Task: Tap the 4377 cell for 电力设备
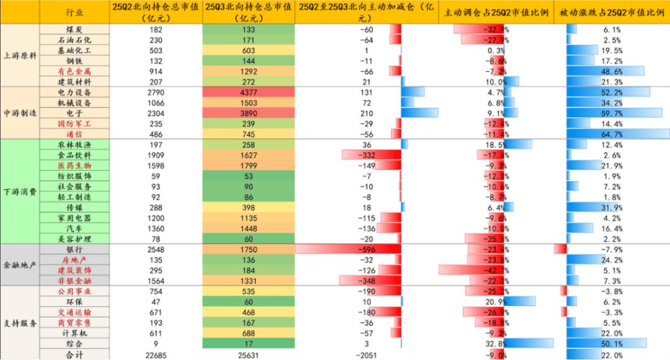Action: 248,92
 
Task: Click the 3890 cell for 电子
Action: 248,113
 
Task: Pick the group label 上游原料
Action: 20,55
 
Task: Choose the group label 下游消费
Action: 20,191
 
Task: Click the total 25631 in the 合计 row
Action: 248,354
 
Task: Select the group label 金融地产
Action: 20,265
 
